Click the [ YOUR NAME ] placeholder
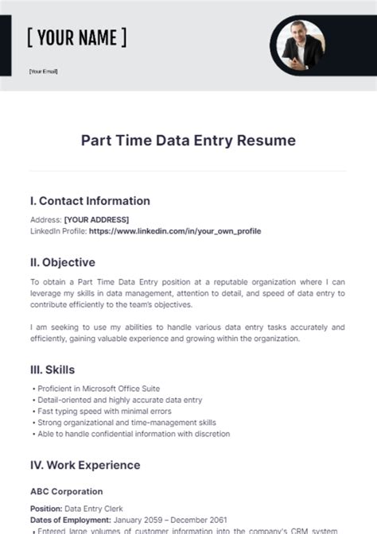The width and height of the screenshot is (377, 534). point(76,37)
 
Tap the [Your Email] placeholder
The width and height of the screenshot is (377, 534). point(43,71)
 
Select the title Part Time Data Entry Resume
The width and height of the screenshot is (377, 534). point(188,141)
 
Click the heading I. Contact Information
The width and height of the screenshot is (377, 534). point(90,201)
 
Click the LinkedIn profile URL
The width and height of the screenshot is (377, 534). point(175,231)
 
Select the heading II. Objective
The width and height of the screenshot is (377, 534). point(63,262)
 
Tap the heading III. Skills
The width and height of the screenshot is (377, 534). point(52,370)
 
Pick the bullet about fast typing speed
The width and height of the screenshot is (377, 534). point(100,411)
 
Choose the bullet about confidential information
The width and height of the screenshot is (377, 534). point(133,434)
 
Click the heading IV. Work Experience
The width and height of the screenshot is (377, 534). point(85,465)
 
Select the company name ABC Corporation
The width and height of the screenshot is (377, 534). point(66,492)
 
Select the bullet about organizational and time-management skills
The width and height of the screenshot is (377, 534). point(126,423)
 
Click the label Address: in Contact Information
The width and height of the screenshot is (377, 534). point(45,219)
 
